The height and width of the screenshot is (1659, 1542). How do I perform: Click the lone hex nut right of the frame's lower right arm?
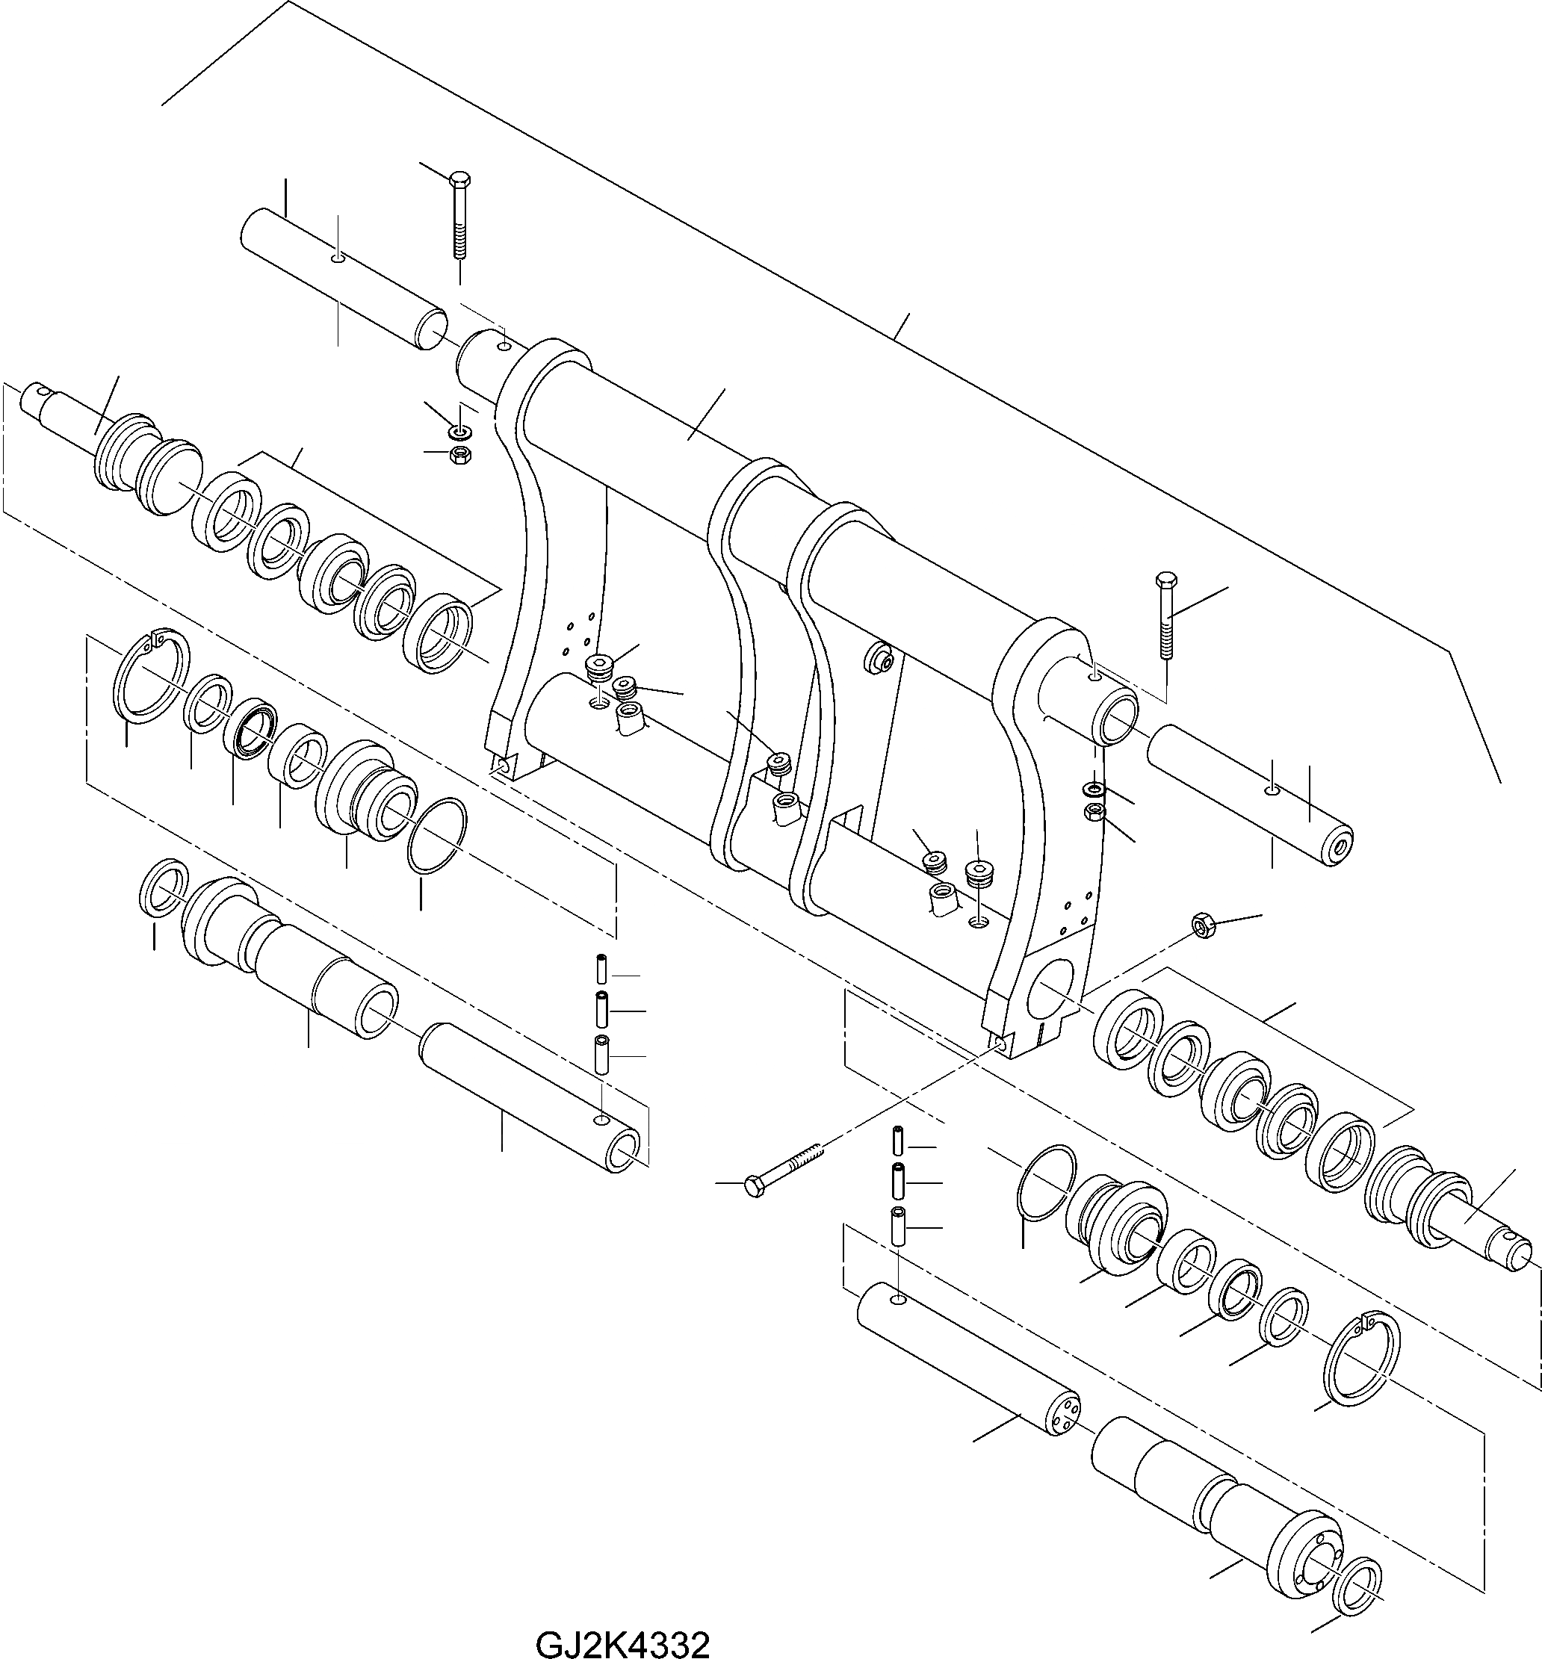[x=1201, y=925]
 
